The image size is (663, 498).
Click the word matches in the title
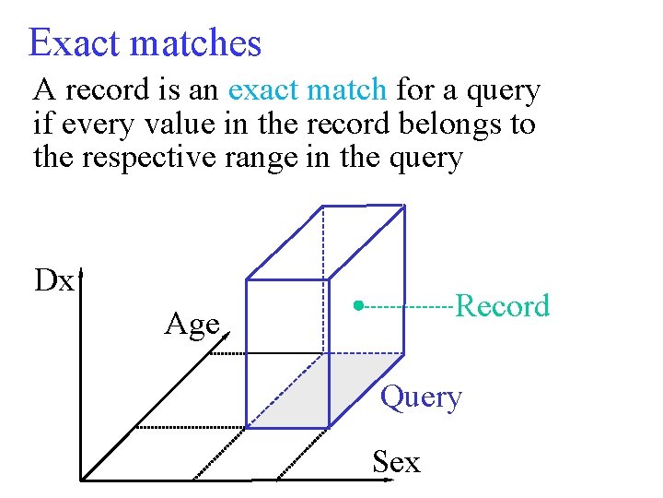click(194, 43)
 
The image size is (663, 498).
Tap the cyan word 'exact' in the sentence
click(265, 90)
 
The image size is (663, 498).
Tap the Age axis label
click(192, 324)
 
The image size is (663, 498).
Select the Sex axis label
click(396, 461)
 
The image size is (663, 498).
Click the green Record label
click(502, 305)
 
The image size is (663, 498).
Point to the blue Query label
click(421, 397)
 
